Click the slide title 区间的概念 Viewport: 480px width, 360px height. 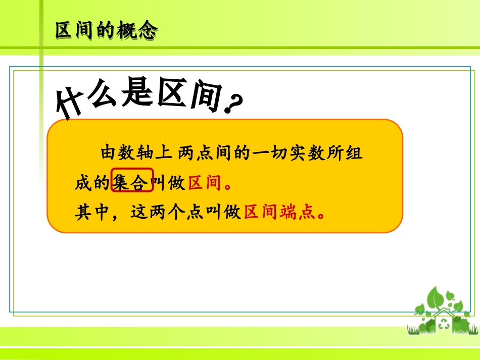point(106,31)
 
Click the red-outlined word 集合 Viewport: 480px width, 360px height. point(131,182)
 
